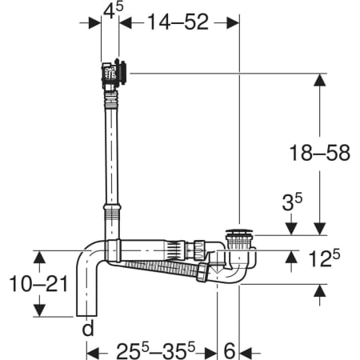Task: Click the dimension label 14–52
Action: coord(178,22)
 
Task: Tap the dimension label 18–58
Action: coord(320,153)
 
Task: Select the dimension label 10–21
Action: coord(39,284)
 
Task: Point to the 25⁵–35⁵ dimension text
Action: coord(156,350)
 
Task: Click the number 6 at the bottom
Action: coord(230,351)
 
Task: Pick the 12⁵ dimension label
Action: coord(324,258)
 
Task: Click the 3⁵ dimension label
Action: coord(292,202)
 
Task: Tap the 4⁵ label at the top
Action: coord(114,10)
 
